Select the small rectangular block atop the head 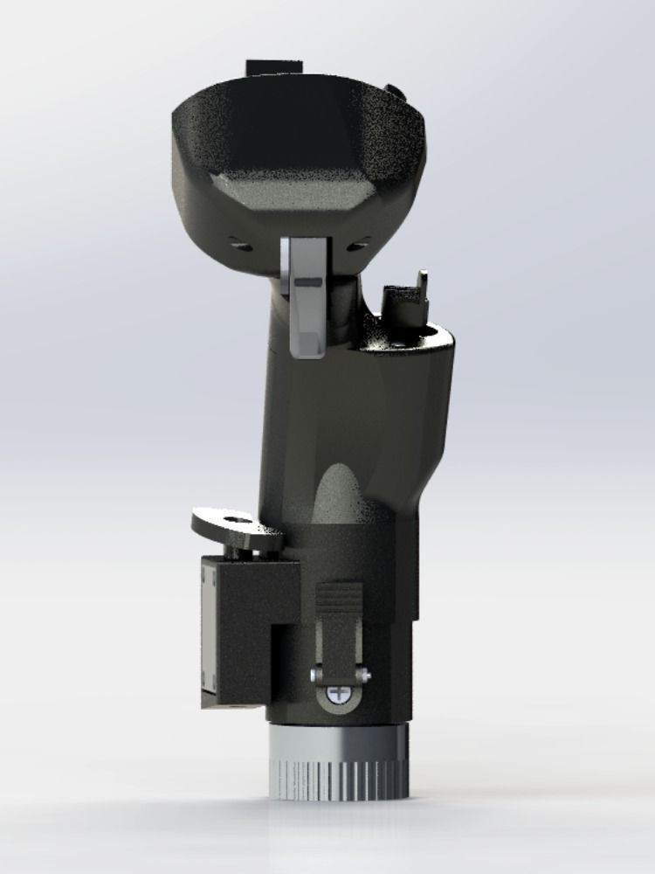(273, 67)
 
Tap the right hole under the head (355, 246)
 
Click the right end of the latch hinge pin (367, 676)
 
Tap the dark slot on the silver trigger (307, 283)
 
